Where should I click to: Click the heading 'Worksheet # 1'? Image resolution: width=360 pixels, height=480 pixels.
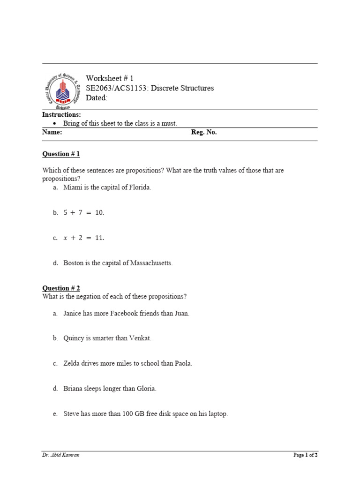click(x=110, y=78)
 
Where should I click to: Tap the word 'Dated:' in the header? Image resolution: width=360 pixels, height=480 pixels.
click(x=97, y=98)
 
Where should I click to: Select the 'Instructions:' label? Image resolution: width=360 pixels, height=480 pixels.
click(x=61, y=115)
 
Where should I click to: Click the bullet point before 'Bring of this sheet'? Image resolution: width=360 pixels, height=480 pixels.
click(x=54, y=123)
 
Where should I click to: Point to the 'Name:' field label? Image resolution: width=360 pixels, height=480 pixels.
click(x=52, y=133)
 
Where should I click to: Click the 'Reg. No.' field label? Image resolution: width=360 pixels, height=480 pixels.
click(x=204, y=133)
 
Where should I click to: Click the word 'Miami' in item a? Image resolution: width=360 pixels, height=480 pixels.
click(x=72, y=187)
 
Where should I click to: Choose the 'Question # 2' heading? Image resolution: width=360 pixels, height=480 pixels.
click(x=61, y=288)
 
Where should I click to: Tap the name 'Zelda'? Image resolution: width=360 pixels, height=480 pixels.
click(x=72, y=363)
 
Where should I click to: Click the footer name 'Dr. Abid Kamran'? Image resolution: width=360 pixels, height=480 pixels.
click(x=61, y=455)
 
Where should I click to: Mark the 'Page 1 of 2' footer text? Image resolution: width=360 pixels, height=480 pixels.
click(x=305, y=455)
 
